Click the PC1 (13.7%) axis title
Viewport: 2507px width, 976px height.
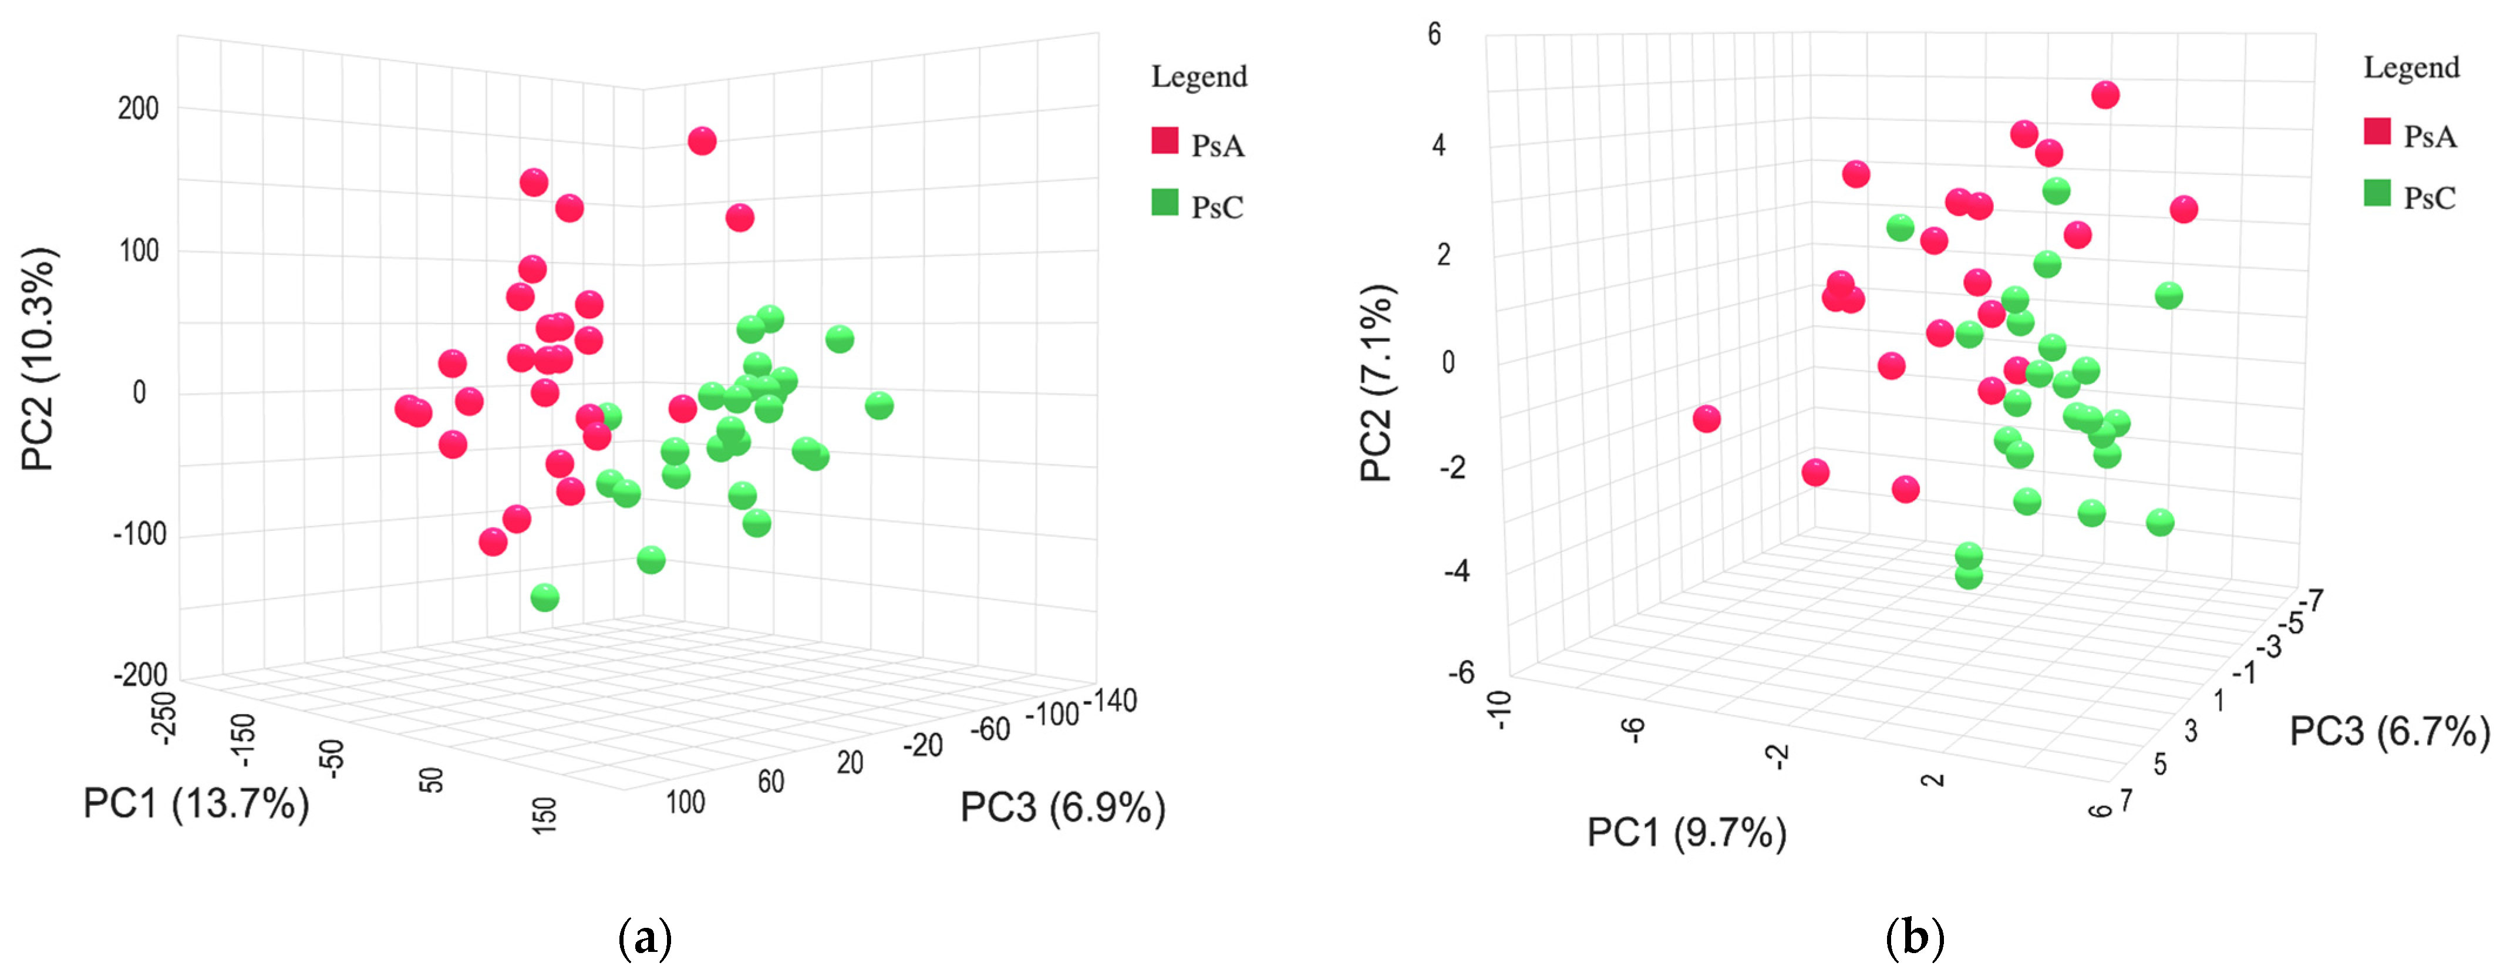point(196,805)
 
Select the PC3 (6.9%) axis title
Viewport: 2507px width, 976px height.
point(1063,807)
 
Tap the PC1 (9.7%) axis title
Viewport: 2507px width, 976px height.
point(1687,833)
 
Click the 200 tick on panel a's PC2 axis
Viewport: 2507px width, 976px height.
point(138,108)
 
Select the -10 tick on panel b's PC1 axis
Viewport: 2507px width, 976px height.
point(1500,711)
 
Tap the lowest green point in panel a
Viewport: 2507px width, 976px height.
point(545,597)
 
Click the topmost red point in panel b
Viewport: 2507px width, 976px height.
point(2105,95)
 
